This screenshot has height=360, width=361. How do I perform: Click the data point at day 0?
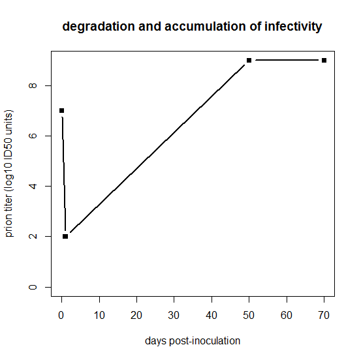[x=61, y=111]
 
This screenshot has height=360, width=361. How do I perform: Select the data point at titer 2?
[x=65, y=237]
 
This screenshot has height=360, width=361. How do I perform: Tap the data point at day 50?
[x=249, y=60]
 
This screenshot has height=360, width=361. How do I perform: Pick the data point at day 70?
[x=324, y=60]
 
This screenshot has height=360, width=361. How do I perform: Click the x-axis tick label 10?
[x=99, y=315]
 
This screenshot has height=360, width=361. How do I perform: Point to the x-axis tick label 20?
[x=136, y=315]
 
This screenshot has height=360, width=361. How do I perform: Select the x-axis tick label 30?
[x=174, y=315]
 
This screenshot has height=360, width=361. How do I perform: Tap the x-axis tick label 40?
[x=212, y=315]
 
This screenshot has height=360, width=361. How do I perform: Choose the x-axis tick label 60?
[x=287, y=315]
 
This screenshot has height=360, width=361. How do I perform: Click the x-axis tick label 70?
[x=324, y=315]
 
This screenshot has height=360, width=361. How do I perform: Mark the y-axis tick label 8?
[x=33, y=85]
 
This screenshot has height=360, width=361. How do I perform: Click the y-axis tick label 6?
[x=33, y=136]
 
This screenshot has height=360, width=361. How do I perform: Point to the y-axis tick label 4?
[x=33, y=186]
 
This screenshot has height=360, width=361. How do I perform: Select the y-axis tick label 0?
[x=33, y=287]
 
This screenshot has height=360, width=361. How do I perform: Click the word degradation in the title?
[x=99, y=27]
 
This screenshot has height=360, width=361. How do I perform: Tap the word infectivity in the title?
[x=293, y=27]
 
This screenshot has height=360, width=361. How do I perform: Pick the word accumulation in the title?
[x=206, y=26]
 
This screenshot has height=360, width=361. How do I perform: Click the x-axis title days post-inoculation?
[x=193, y=341]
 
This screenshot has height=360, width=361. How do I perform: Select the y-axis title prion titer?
[x=8, y=216]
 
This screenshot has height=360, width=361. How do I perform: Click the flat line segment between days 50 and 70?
[x=287, y=60]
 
